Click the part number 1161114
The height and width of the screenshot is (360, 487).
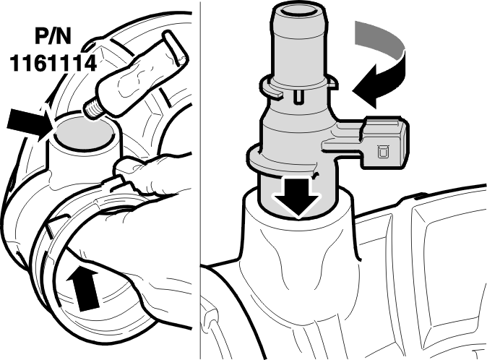click(53, 63)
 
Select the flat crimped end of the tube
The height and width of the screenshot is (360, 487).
click(176, 48)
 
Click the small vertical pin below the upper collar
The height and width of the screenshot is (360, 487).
click(299, 96)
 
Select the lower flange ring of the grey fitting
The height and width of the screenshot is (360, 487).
click(284, 162)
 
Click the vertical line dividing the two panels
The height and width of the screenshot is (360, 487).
click(200, 180)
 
